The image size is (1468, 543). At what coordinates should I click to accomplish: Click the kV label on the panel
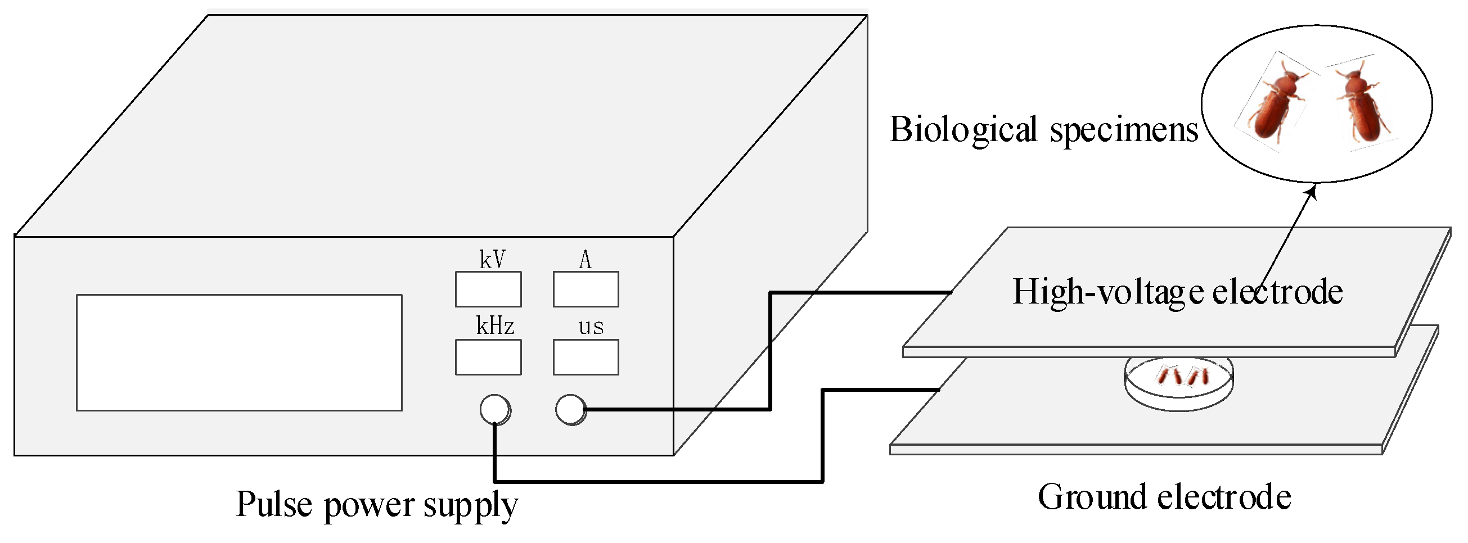coord(492,259)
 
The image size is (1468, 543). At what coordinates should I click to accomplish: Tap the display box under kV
coord(488,289)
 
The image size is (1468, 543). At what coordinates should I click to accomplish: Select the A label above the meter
coord(585,260)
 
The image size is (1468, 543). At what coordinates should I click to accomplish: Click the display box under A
coord(586,289)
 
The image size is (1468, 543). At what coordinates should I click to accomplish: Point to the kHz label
coord(494,326)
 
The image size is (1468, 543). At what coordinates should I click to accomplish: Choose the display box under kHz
coord(488,358)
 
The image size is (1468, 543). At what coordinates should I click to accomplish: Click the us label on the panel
coord(591,327)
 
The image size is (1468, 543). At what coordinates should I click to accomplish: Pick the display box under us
coord(586,358)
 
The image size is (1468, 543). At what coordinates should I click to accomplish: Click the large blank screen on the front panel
coord(239,352)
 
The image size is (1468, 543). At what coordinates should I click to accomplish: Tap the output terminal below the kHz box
coord(494,409)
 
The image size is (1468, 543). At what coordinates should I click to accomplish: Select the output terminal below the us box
coord(570,409)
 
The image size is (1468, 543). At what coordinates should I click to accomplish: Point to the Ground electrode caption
coord(1164,497)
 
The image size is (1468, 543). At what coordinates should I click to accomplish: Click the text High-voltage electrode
coord(1177,292)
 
